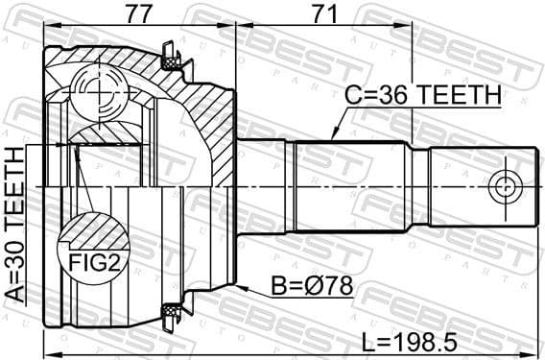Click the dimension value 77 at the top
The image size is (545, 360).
[140, 14]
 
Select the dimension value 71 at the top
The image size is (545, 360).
[326, 14]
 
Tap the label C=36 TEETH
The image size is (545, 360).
[423, 95]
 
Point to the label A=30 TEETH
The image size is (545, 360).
[16, 225]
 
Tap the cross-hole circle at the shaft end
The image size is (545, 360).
[503, 186]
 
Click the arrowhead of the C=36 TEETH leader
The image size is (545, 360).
[331, 138]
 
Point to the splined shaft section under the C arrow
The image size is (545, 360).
[345, 186]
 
